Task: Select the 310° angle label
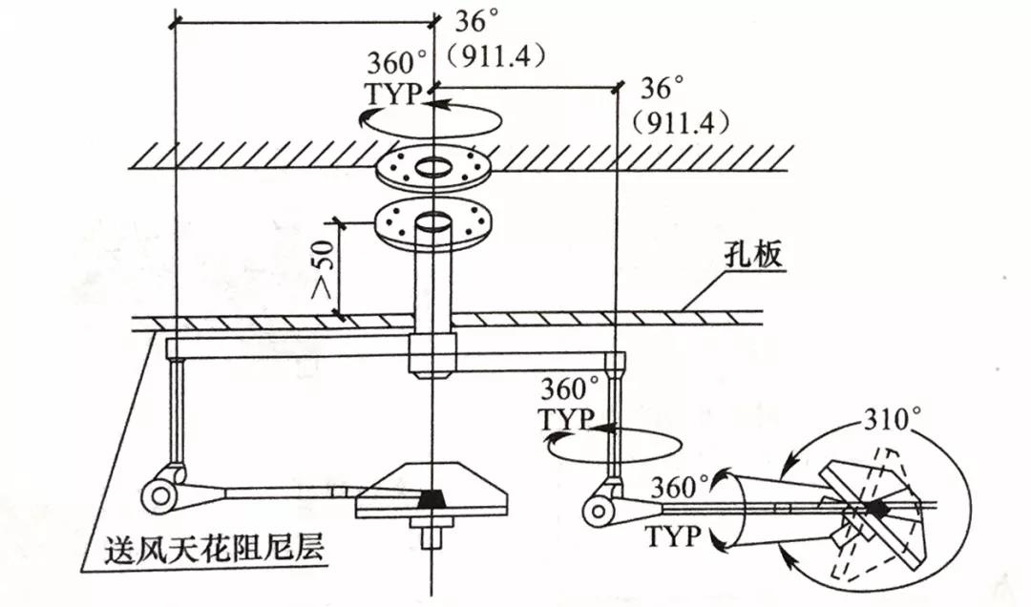coord(893,418)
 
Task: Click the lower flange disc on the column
coord(434,221)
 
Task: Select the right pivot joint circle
coord(600,512)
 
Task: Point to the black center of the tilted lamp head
coord(874,511)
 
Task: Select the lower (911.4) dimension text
coord(681,122)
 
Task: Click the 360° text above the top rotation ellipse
coord(397,65)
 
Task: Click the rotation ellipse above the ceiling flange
coord(434,119)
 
